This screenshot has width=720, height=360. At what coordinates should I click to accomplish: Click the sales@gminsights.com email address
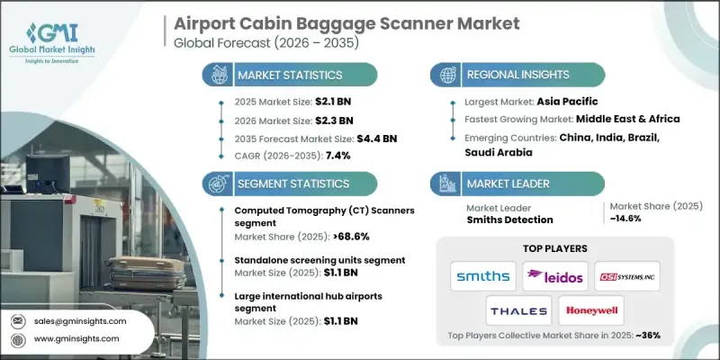click(x=80, y=320)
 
